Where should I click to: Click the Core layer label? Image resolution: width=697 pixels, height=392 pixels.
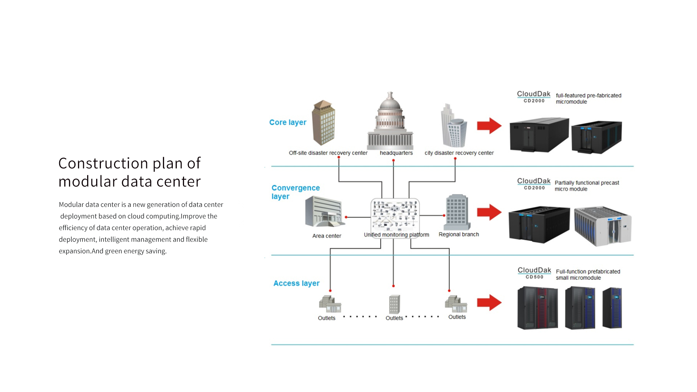coord(288,122)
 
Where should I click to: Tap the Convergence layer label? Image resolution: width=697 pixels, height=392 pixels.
coord(295,192)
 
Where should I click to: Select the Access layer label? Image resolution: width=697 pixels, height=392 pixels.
coord(296,283)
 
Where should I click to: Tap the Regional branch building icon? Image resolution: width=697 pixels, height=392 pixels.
coord(457,212)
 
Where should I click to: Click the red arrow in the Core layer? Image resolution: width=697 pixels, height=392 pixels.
coord(489,126)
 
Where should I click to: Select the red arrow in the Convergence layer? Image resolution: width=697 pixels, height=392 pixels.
coord(489,212)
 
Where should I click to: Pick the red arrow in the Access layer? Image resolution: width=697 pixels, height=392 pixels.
coord(489,302)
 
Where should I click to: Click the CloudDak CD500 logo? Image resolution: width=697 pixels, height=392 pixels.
coord(534,273)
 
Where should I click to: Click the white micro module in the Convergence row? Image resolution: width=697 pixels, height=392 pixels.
coord(603,226)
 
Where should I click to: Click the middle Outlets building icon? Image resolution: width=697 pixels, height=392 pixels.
coord(394,304)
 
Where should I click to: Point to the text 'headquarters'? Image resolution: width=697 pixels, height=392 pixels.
coord(396,153)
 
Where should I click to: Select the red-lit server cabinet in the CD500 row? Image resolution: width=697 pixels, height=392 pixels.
coord(538,308)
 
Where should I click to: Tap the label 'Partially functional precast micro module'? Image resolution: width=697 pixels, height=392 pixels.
coord(587,186)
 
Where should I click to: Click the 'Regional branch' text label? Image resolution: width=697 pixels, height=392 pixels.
coord(458,234)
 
